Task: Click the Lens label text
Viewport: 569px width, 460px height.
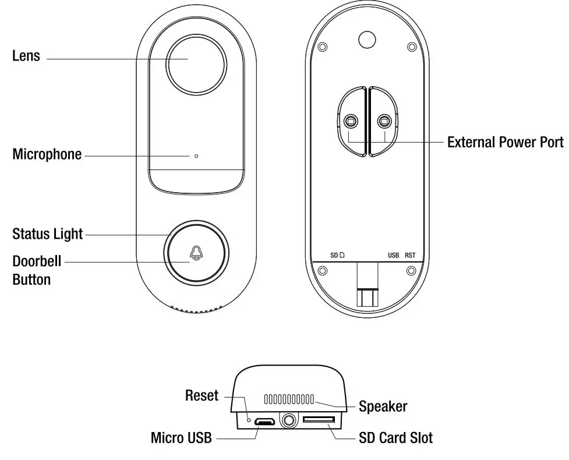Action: tap(26, 56)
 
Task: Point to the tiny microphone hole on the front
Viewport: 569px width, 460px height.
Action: tap(196, 156)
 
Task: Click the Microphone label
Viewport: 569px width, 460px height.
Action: tap(47, 155)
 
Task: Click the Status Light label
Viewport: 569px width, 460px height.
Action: tap(48, 234)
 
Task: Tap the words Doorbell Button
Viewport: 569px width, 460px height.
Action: tap(37, 270)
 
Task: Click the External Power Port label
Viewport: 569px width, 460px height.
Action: tap(505, 142)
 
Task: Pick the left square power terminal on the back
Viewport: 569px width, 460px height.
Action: tap(349, 121)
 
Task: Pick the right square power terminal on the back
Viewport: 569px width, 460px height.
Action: tap(384, 121)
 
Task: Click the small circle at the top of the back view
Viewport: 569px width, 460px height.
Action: tap(367, 39)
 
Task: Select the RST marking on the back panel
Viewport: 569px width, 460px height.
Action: tap(410, 255)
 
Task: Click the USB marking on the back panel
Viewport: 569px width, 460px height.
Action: tap(393, 255)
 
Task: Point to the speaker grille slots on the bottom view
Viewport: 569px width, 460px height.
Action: tap(289, 399)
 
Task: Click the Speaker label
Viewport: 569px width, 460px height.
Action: tap(383, 406)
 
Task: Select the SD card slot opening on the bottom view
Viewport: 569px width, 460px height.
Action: tap(319, 420)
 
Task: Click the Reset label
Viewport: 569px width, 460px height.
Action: tap(202, 395)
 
